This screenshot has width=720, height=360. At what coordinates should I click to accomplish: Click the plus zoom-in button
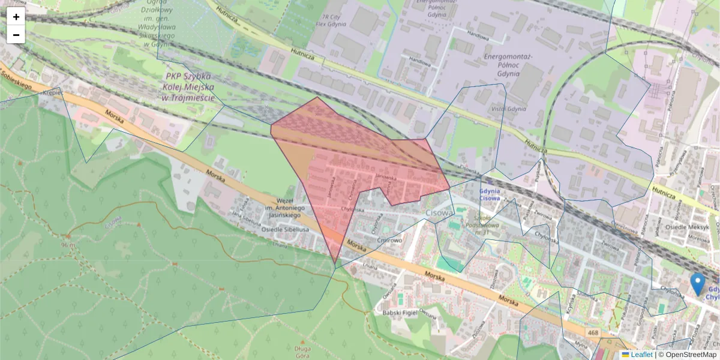(16, 17)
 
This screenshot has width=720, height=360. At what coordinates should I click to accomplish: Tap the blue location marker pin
(697, 284)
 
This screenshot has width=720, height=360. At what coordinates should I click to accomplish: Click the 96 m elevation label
(67, 245)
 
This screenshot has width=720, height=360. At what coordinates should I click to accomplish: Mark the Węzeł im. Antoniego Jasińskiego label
(293, 208)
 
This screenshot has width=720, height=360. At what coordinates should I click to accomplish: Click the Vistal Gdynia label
(509, 109)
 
